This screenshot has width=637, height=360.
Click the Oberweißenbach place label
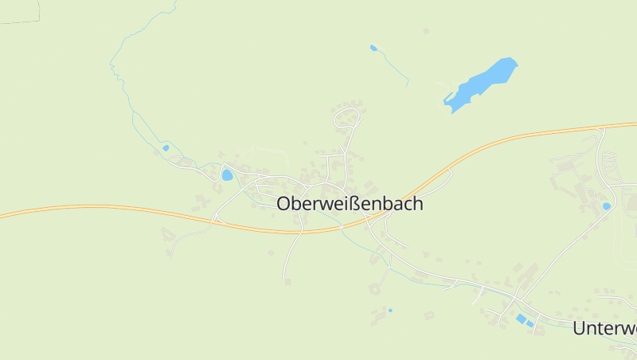350,204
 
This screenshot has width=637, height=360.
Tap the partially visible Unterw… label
605,327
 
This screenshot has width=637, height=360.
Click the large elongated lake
483,81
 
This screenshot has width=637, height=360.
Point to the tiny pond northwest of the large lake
373,48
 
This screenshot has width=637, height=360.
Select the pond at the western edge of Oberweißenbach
227,174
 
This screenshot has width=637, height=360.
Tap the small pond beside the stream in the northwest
166,147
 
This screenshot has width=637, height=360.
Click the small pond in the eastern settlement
607,206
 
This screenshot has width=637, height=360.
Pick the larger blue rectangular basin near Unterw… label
521,319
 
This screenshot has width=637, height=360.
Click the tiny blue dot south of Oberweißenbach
390,310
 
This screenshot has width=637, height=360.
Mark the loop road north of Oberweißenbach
348,119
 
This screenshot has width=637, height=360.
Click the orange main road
119,209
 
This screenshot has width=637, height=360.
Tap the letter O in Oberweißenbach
284,204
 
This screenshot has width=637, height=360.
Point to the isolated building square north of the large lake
426,32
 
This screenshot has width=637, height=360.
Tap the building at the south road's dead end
287,281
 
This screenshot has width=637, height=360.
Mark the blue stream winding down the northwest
127,96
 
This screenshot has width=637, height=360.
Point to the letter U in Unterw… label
580,327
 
